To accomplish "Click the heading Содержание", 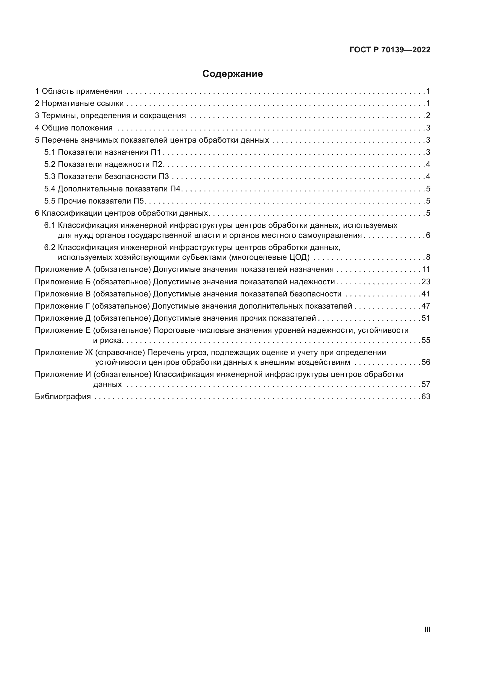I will pos(232,74).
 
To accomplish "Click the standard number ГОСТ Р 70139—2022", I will pos(390,50).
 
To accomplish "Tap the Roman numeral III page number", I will pos(427,629).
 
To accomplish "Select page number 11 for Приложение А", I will pos(426,270).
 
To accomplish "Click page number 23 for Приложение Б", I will pos(426,282).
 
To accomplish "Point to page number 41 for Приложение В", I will pos(426,294).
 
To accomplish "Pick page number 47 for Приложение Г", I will pos(426,306).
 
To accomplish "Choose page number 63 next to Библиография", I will pos(426,397).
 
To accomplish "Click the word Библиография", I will pos(63,397).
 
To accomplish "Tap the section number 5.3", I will pos(50,177).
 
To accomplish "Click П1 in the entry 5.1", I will pos(156,152).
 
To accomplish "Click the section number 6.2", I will pos(50,248).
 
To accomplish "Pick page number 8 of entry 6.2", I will pos(428,257).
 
